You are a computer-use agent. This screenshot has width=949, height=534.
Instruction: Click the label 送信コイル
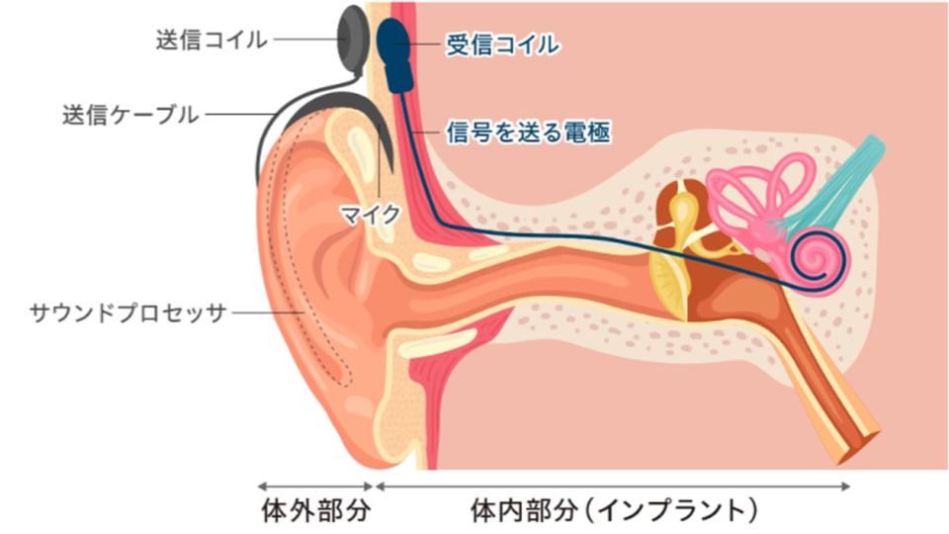211,41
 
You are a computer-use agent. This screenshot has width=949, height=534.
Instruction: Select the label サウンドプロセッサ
129,313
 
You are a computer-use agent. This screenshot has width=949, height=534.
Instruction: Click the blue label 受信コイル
502,45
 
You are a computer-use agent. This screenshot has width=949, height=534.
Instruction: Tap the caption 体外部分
314,511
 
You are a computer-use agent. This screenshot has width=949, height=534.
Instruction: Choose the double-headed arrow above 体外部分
314,486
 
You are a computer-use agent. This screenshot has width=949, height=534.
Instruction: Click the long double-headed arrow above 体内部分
613,486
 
